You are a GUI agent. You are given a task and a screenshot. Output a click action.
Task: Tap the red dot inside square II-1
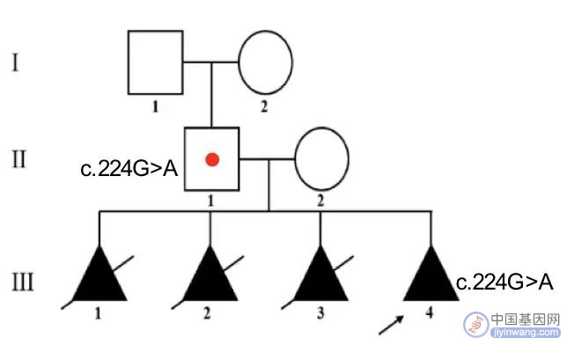point(212,159)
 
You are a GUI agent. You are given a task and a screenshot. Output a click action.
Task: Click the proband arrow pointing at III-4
point(391,325)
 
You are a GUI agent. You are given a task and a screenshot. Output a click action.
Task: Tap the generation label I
point(15,62)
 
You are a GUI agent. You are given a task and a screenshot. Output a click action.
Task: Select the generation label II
point(19,159)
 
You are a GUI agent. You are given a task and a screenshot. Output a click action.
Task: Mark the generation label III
point(23,282)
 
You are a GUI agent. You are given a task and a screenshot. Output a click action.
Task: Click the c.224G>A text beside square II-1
point(129,169)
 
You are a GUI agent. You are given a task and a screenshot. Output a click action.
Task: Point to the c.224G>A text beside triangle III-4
point(504,283)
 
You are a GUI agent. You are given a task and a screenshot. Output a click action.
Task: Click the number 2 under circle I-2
point(264,107)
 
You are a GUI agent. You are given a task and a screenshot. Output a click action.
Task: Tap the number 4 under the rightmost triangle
point(430,312)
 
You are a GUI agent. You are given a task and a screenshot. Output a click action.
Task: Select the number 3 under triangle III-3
point(320,313)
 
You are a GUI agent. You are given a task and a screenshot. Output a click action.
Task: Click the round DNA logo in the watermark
point(476,325)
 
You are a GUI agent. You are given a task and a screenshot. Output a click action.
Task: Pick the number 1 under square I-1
point(156,107)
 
